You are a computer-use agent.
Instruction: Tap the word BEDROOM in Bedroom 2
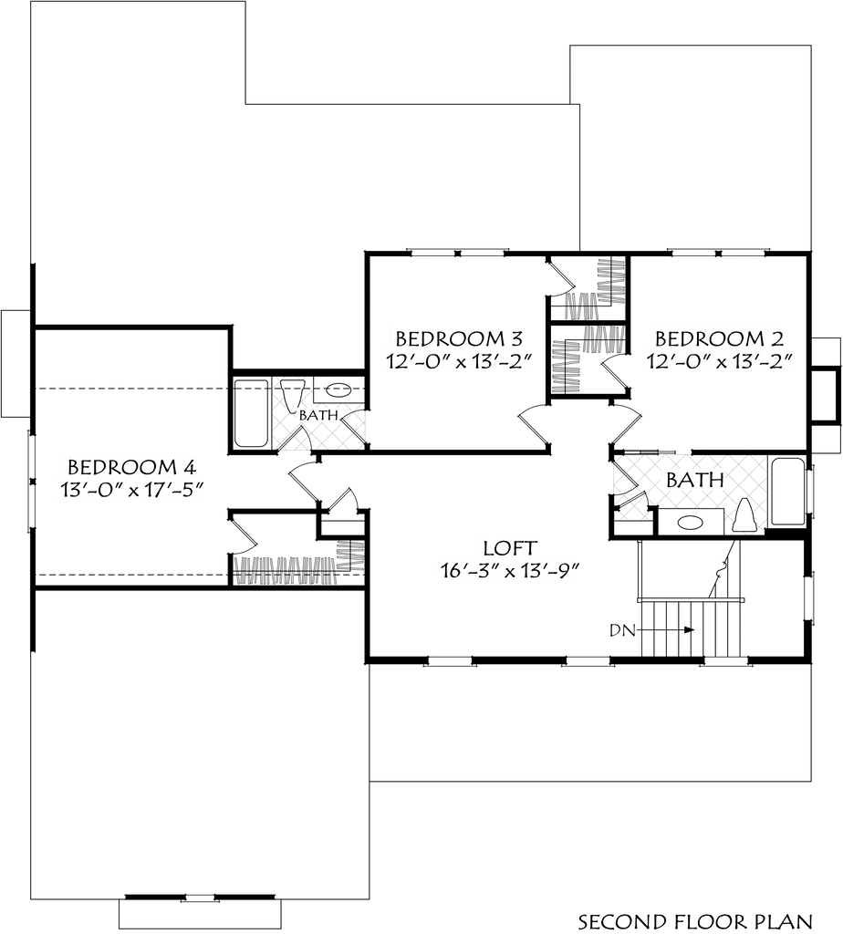click(707, 338)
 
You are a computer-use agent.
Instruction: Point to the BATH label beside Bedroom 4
click(318, 415)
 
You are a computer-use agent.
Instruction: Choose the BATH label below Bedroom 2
click(695, 480)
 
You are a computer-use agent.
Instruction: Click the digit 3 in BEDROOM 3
click(515, 338)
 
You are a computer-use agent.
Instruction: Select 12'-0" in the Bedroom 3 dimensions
click(414, 362)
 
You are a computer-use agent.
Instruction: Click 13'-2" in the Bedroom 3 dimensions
click(501, 362)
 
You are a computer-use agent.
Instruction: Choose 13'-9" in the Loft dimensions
click(551, 572)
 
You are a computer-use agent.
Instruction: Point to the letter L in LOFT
click(489, 549)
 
